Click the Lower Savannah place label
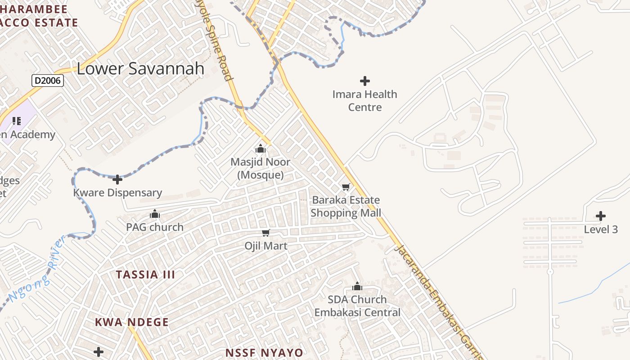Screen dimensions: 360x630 tap(140, 68)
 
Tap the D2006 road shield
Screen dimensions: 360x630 tap(48, 81)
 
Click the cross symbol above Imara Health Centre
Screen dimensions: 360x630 tap(365, 81)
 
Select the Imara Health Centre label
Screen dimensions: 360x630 tap(365, 101)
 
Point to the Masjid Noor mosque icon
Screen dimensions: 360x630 tap(260, 148)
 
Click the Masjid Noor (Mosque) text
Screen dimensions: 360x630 tap(260, 168)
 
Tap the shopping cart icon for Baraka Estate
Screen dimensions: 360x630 tap(346, 187)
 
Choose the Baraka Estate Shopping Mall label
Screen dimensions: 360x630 tap(346, 207)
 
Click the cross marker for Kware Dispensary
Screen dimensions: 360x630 tap(117, 180)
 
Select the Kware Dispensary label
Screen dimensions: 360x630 tap(117, 193)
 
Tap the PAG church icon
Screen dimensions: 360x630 tap(155, 214)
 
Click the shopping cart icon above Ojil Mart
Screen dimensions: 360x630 tap(265, 233)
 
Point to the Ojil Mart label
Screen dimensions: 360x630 tap(265, 246)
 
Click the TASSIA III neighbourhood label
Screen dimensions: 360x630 tap(145, 274)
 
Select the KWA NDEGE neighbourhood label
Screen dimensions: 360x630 tap(132, 322)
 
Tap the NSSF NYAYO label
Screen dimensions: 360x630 tap(264, 352)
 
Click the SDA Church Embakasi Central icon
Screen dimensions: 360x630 tap(357, 286)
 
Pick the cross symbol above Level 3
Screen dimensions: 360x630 tap(600, 216)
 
